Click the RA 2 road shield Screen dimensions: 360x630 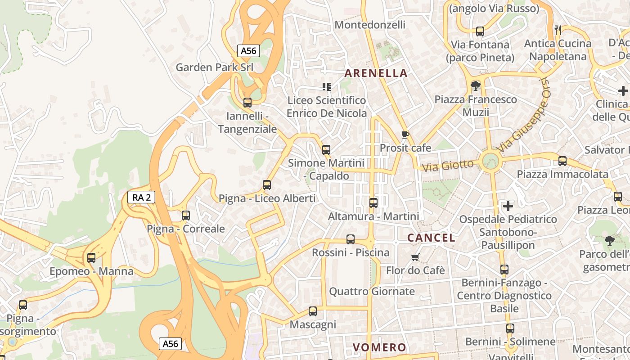tap(141, 197)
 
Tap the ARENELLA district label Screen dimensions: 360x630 tap(376, 73)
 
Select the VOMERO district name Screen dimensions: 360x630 tap(379, 347)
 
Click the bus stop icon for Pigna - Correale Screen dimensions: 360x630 tap(186, 215)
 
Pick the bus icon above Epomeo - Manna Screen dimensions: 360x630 tap(91, 258)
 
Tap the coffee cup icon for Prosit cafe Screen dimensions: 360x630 tap(405, 135)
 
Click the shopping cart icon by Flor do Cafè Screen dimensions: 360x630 tap(415, 257)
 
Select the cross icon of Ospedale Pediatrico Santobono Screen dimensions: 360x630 tap(508, 206)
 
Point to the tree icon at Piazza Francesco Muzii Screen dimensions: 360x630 tap(475, 85)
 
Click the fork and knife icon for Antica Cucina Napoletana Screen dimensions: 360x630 tap(558, 30)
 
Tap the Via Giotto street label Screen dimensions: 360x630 tap(448, 166)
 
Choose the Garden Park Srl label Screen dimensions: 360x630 tap(214, 67)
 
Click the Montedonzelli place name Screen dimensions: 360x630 tap(370, 25)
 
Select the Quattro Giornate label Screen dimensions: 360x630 tap(372, 291)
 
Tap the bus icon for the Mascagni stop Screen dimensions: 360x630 tap(313, 311)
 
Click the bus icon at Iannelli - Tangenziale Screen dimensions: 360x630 tap(247, 103)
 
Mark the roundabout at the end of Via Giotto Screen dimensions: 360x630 tap(490, 161)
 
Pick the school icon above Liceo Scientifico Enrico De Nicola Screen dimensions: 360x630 tap(327, 86)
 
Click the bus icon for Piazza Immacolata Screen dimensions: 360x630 tap(562, 161)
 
